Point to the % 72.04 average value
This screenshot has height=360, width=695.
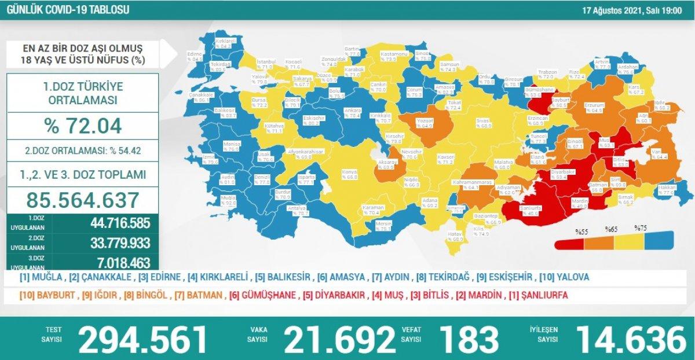tap(83, 125)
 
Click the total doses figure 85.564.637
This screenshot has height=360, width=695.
tap(83, 200)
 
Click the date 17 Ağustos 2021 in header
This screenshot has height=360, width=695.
tap(632, 10)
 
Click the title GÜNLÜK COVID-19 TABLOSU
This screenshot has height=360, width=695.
tap(67, 10)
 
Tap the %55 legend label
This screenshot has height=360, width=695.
tap(581, 230)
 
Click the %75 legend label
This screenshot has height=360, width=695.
tap(641, 228)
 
